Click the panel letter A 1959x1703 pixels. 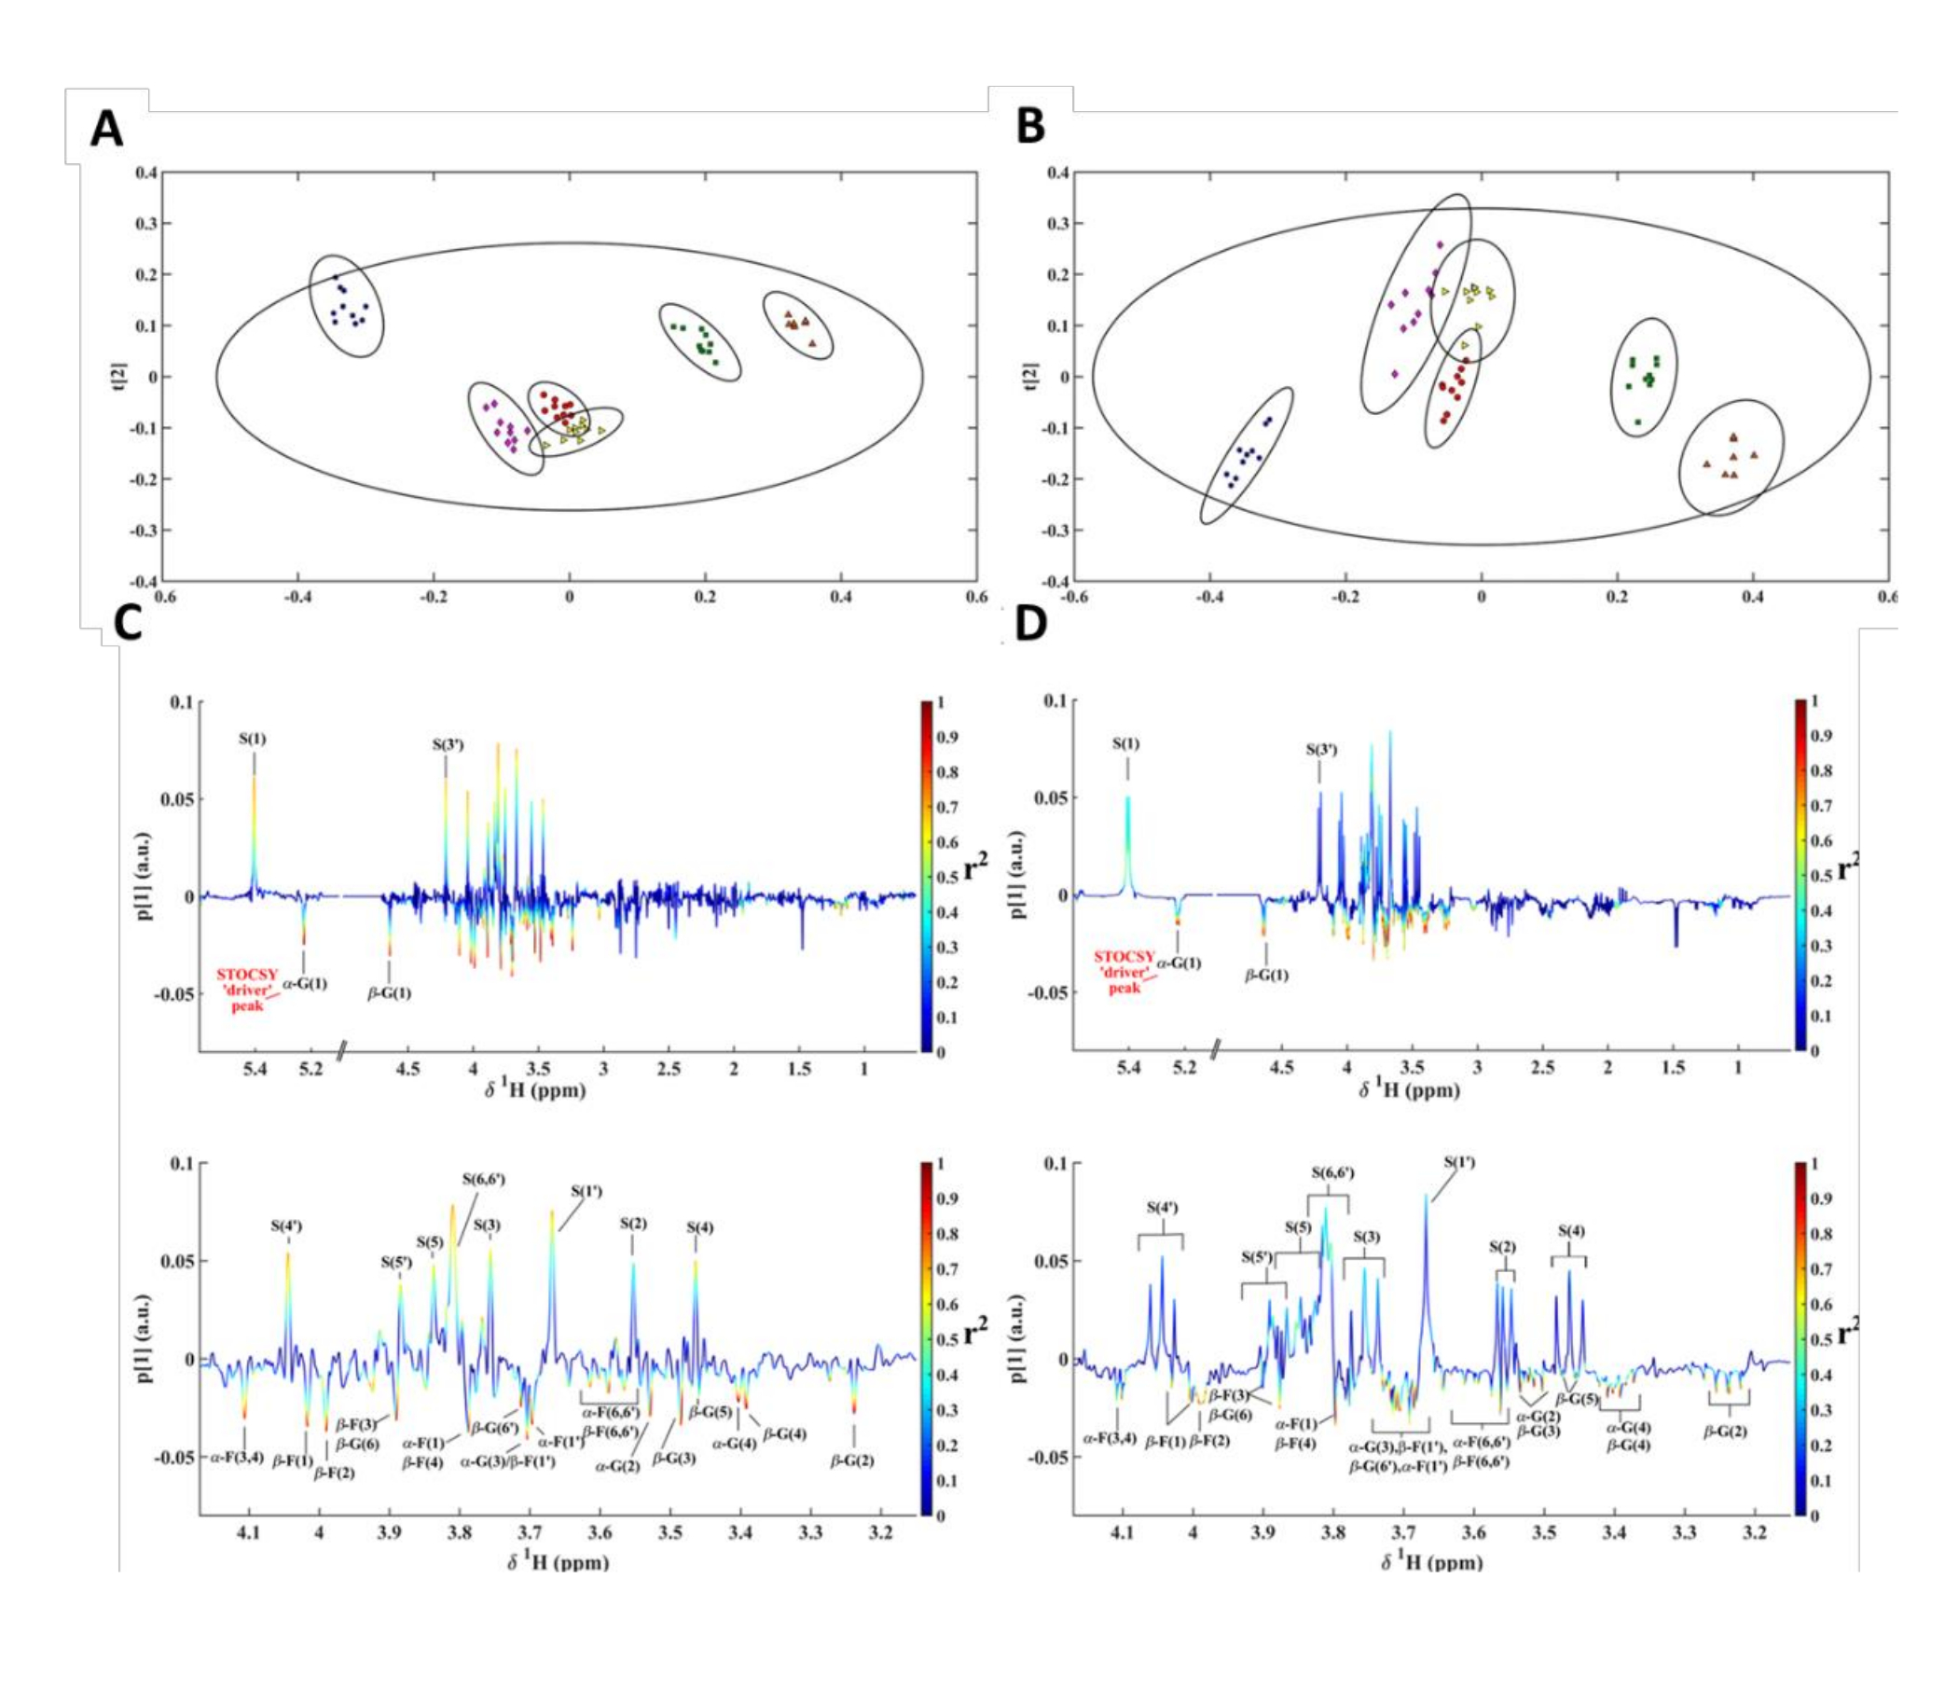(106, 129)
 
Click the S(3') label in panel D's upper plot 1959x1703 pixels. (1318, 749)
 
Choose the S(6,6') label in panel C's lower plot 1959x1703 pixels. (484, 1180)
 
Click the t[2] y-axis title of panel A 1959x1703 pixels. (120, 378)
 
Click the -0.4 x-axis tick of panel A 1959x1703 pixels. (297, 596)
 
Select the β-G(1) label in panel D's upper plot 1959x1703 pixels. (1266, 975)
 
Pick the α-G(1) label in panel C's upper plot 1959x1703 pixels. (305, 984)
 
